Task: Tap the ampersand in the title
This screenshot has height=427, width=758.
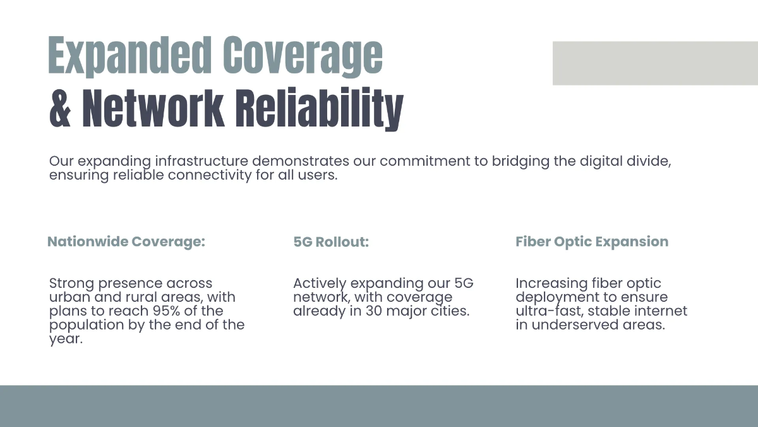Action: tap(61, 108)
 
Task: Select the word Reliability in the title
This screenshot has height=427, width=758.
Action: tap(319, 108)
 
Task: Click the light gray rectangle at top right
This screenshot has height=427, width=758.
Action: tap(655, 63)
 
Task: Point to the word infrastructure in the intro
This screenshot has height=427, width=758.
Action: tap(202, 161)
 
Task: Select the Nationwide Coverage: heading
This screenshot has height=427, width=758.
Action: tap(126, 242)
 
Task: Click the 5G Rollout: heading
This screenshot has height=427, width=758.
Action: tap(331, 242)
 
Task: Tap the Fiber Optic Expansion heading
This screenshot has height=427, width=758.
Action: tap(592, 242)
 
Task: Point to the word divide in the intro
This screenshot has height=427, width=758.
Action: tap(651, 161)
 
